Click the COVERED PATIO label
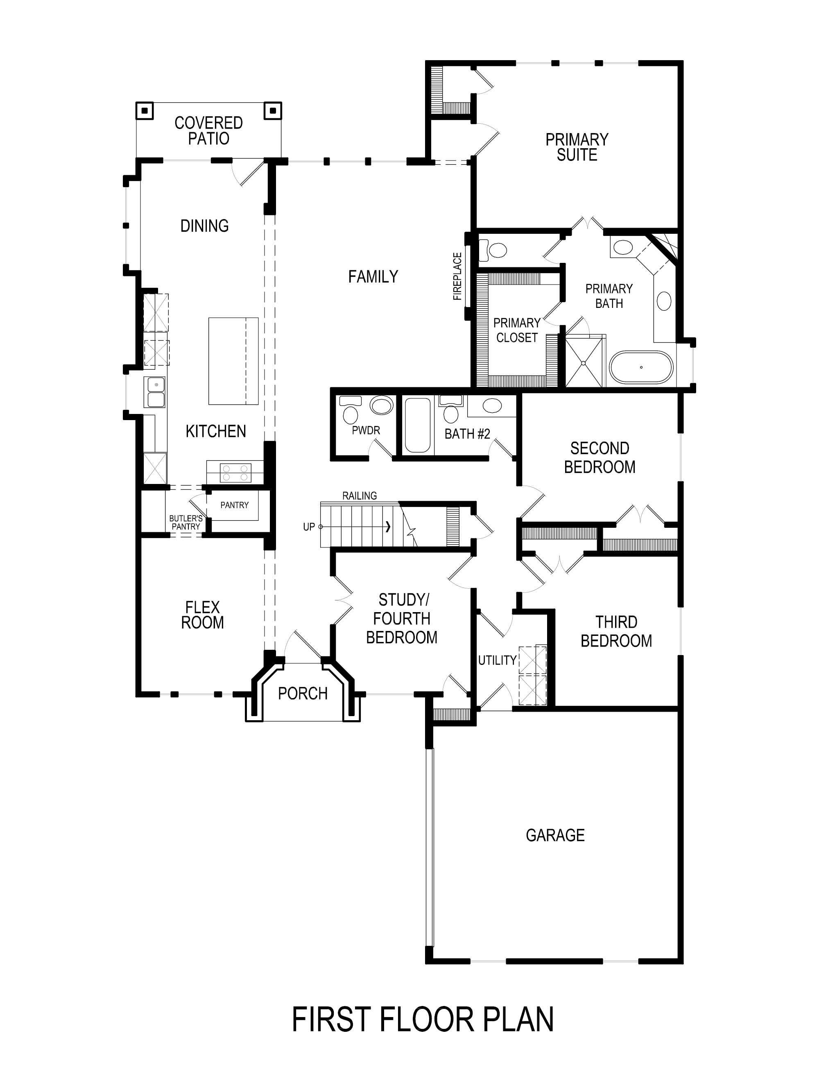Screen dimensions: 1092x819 (x=208, y=130)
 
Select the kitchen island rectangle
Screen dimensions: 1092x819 (x=233, y=361)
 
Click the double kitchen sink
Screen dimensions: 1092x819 (x=154, y=391)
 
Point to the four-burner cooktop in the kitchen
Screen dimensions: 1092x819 (x=235, y=472)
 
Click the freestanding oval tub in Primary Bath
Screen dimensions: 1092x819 (x=641, y=367)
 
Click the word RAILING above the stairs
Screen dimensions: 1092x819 (x=360, y=496)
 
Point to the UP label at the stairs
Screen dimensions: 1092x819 (x=308, y=527)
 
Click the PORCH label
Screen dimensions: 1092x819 (x=303, y=694)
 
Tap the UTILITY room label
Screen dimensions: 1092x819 (x=497, y=660)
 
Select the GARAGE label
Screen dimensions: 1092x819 (x=555, y=835)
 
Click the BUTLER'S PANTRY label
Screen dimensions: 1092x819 (x=186, y=522)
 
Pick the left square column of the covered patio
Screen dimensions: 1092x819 (x=144, y=111)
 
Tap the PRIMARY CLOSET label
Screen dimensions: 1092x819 (x=516, y=330)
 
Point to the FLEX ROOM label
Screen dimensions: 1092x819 (x=202, y=615)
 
